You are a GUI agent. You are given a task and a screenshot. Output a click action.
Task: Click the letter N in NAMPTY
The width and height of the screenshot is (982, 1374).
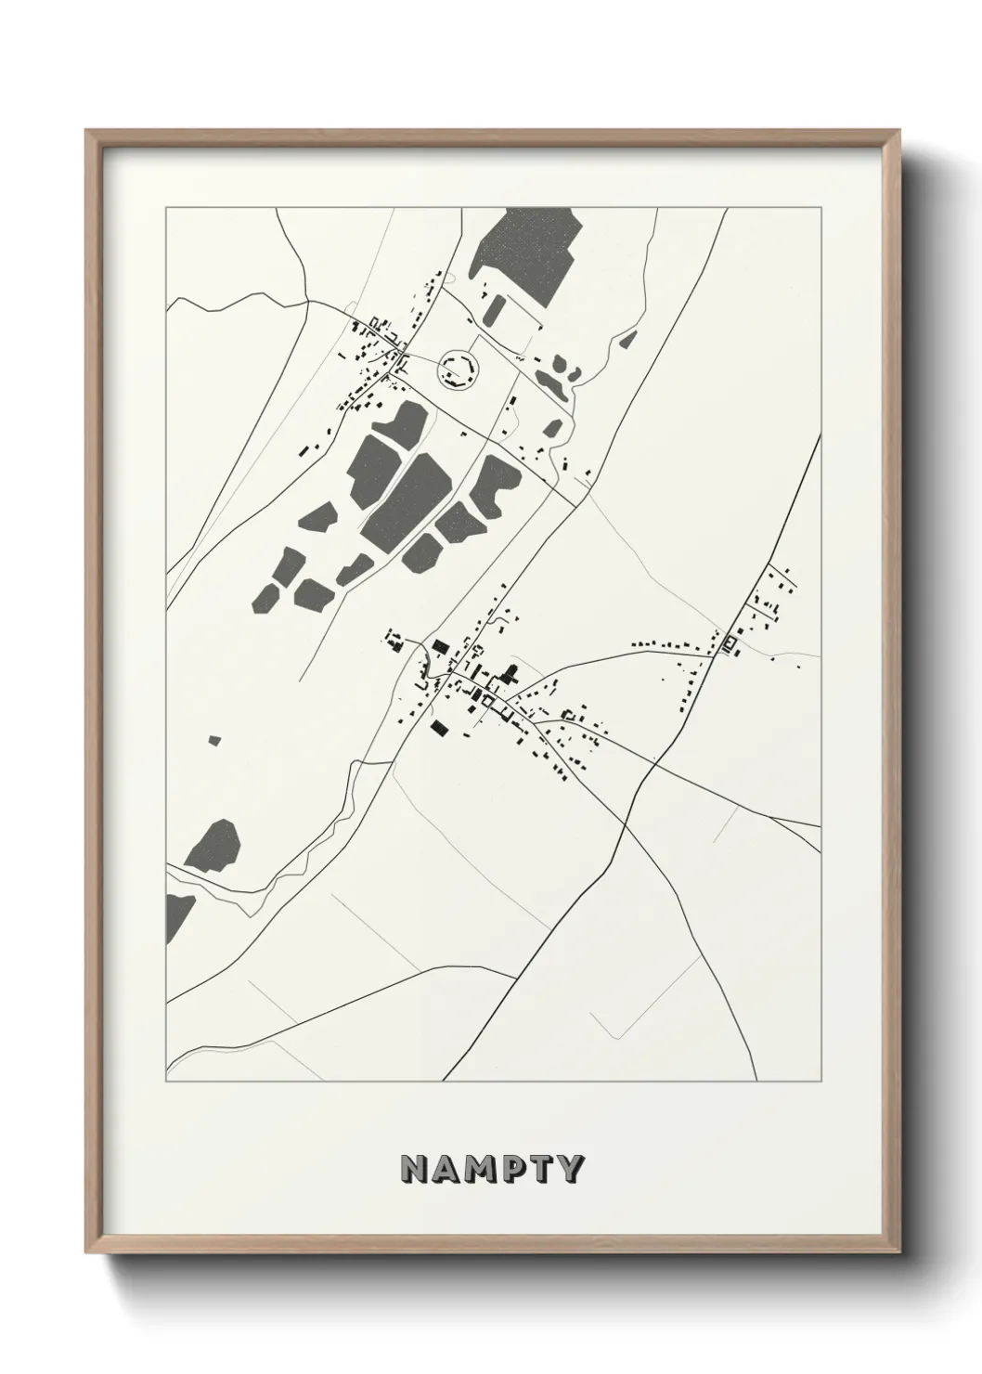pos(414,1170)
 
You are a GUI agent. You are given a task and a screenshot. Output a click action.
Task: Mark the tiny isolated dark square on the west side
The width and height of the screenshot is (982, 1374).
pos(215,740)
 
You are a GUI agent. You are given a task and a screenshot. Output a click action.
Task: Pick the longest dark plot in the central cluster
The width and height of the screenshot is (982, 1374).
pos(406,499)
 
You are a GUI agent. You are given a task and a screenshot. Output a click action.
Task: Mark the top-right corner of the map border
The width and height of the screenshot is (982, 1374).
pos(821,206)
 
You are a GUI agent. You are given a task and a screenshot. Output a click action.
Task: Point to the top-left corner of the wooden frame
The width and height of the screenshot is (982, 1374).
pos(86,131)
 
